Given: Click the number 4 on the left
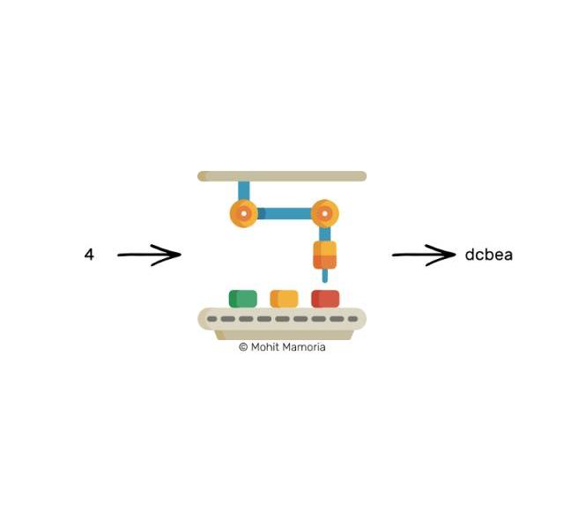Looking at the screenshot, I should (x=89, y=255).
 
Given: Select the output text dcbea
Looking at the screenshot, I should (x=488, y=255).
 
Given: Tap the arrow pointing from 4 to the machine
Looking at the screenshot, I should (x=149, y=255).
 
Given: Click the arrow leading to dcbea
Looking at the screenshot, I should (x=423, y=255).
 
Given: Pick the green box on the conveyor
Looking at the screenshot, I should (x=242, y=299).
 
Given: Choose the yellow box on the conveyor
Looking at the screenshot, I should (x=284, y=299).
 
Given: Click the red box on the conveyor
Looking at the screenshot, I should (x=325, y=299).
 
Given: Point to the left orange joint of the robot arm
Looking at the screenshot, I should (x=243, y=213).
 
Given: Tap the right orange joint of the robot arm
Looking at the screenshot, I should (x=325, y=213).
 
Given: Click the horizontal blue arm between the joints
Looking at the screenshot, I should (x=285, y=213).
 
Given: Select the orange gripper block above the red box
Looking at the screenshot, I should (x=324, y=255).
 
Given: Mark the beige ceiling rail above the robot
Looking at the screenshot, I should (x=282, y=176).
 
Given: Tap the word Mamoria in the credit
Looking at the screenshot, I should (x=305, y=347).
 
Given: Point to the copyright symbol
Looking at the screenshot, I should (x=242, y=347).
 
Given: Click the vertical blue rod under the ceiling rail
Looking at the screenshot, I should (x=243, y=190).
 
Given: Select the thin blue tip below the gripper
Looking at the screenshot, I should (x=324, y=276).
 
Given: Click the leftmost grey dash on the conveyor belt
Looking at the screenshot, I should (x=211, y=319).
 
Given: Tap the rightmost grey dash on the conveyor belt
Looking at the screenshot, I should (x=353, y=319).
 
